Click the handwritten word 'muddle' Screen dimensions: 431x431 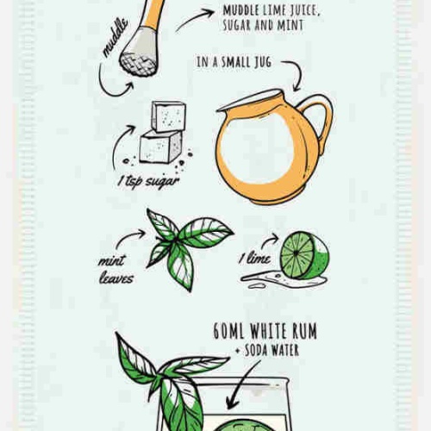click(116, 37)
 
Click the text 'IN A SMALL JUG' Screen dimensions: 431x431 click(234, 62)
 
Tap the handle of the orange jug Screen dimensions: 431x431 click(319, 121)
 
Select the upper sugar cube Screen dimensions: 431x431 click(169, 116)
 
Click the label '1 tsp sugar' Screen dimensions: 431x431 click(149, 182)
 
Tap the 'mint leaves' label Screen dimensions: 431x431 click(116, 269)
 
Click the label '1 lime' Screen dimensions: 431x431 click(255, 258)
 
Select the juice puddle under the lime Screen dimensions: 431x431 click(283, 280)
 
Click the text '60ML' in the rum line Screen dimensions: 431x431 click(228, 331)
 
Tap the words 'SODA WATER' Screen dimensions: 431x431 click(272, 351)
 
